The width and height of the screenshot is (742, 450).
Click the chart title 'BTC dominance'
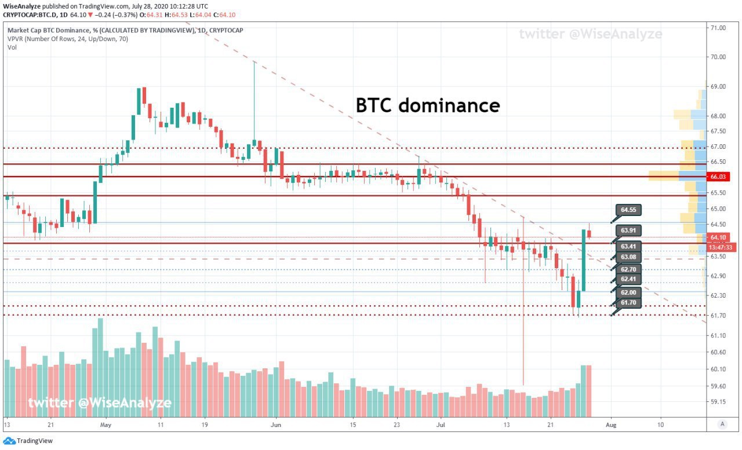pos(428,105)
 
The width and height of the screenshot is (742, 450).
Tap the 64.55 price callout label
pos(628,210)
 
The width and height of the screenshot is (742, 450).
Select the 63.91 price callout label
pos(628,231)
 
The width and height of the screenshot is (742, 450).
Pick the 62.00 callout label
pos(628,292)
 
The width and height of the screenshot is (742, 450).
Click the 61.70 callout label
pos(628,302)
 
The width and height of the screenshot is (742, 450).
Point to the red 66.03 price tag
pos(718,177)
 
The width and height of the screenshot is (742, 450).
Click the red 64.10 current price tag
pos(718,237)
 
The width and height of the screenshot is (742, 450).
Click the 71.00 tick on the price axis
pos(718,28)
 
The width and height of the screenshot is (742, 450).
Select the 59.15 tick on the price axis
pos(718,402)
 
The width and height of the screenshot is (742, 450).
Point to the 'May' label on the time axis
pos(106,425)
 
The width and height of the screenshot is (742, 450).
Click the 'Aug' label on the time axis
pos(611,425)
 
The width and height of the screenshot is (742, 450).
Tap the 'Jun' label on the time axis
pos(275,425)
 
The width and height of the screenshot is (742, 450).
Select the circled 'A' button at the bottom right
pos(722,424)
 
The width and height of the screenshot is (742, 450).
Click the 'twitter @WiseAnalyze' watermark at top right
pos(591,34)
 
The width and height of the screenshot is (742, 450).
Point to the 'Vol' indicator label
pos(12,47)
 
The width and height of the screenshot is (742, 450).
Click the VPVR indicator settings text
pos(68,39)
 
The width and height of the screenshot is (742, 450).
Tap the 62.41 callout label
pos(628,279)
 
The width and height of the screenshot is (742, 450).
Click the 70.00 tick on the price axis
pos(718,57)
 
